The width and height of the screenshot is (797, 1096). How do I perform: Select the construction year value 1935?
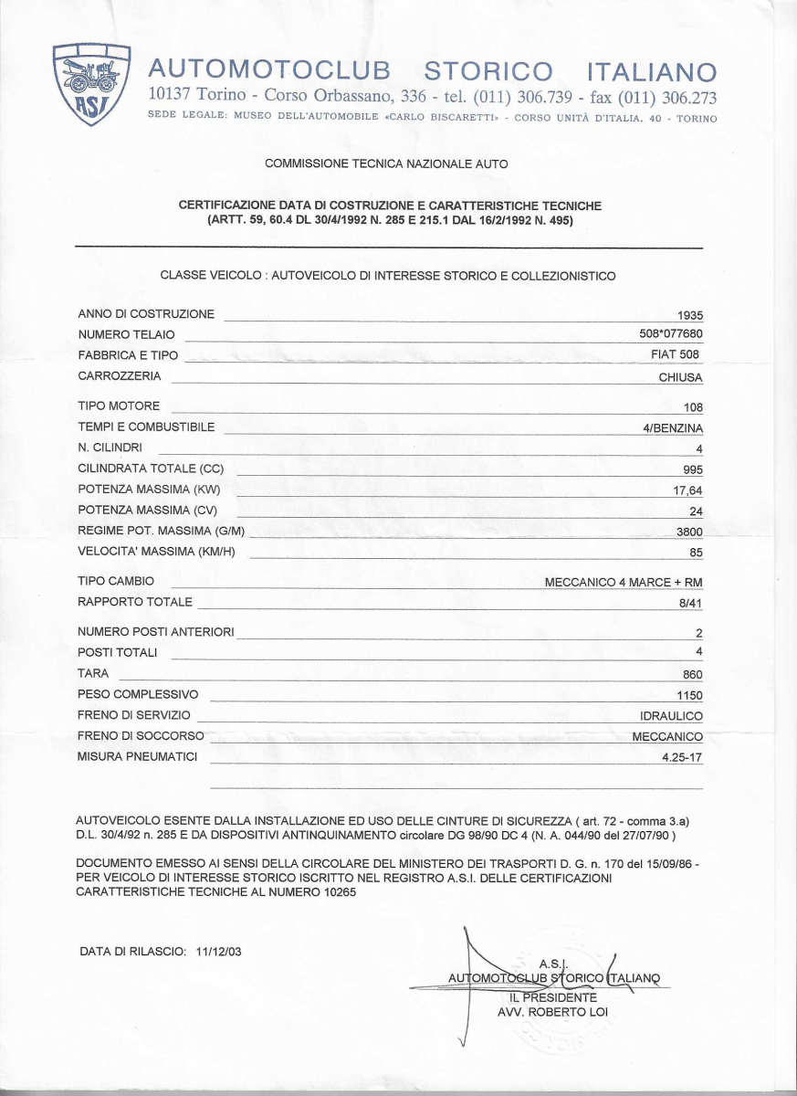coord(690,315)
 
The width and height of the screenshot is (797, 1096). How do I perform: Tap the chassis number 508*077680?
coord(671,334)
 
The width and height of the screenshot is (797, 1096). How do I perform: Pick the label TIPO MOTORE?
coord(119,406)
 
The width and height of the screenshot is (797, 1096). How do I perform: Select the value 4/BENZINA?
coord(673,428)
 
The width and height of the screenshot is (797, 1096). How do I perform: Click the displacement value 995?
coord(693,470)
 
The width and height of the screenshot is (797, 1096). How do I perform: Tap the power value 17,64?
coord(687,490)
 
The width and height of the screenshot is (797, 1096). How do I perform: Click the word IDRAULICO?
coord(671,716)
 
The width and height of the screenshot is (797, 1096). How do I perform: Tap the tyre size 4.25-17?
coord(682,757)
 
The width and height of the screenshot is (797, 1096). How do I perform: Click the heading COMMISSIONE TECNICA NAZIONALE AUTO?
coord(386,163)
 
